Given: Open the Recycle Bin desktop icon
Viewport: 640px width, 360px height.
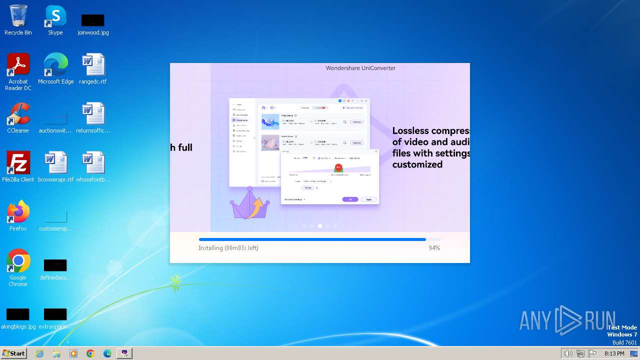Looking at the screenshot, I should tap(18, 16).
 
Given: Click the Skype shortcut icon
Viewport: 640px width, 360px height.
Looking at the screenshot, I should tap(55, 16).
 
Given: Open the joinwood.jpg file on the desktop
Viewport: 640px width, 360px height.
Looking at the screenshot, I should tap(92, 20).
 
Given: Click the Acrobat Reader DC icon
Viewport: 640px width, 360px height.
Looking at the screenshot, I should tap(18, 65).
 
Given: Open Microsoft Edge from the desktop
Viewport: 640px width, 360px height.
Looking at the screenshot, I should tap(55, 65).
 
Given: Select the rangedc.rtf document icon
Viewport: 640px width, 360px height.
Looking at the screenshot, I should tap(93, 65).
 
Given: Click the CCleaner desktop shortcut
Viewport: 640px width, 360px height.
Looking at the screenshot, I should tap(18, 114).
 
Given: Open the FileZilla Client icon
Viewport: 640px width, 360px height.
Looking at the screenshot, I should tap(18, 163).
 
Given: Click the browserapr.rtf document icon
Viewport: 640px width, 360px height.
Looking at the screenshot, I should tap(55, 163).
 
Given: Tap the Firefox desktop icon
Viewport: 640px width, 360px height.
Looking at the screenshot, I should tap(18, 212).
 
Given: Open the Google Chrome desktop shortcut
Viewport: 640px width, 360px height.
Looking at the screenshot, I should tap(18, 261).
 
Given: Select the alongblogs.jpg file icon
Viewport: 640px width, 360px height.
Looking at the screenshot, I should tap(18, 314).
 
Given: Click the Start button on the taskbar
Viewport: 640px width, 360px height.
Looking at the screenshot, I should tap(14, 353).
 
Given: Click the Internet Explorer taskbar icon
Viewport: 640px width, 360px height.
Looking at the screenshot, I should tap(40, 353).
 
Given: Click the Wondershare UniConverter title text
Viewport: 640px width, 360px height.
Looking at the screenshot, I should tap(360, 68).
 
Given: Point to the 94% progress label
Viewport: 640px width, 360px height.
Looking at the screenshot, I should tap(434, 248).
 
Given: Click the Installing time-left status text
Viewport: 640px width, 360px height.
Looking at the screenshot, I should tap(228, 248).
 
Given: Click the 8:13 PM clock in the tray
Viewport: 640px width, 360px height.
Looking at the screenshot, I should tap(614, 353).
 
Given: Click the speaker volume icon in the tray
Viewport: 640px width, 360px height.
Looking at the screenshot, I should tap(568, 353).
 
